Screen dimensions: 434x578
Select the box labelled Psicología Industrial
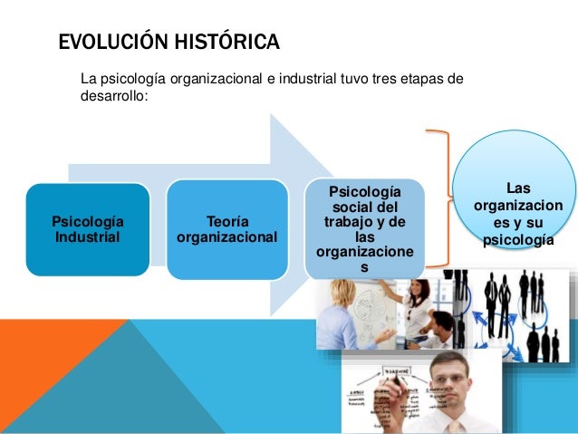coord(88,230)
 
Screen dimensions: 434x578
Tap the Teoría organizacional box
coord(227,230)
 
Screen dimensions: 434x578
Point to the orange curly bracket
coord(441,198)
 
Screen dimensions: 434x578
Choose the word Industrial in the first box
coord(87,238)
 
